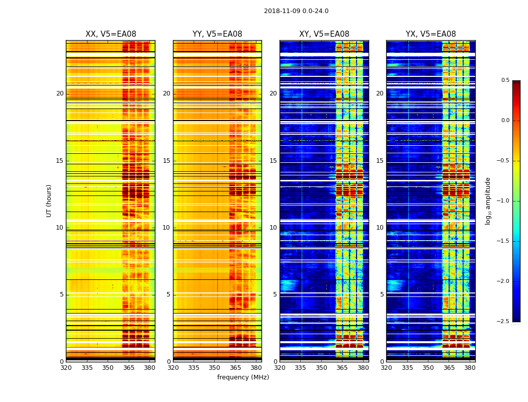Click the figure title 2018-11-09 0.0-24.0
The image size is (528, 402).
coord(296,11)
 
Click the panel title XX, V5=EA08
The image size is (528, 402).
coord(111,34)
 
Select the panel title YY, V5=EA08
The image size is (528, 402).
coord(217,34)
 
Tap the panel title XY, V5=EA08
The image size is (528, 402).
coord(324,34)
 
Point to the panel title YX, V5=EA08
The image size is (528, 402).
coord(431,34)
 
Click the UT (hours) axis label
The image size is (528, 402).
coord(49,200)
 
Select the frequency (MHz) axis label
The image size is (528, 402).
coord(243,377)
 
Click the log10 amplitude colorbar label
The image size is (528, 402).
coord(488,200)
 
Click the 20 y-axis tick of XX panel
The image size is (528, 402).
coord(60,93)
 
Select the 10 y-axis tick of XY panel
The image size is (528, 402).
coord(273,228)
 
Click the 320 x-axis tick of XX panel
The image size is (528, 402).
coord(66,368)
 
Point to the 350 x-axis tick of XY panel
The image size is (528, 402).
coord(321,368)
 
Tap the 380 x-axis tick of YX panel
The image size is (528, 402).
coord(470,368)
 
